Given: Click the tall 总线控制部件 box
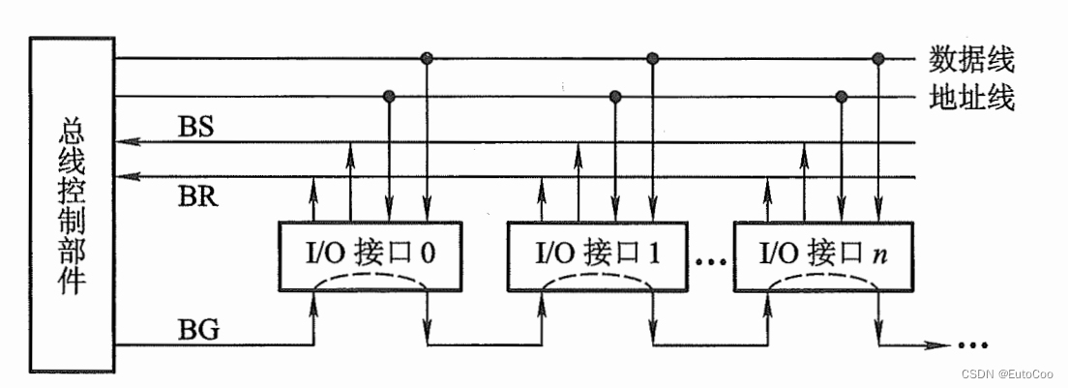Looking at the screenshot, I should pyautogui.click(x=73, y=205).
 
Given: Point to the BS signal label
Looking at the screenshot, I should pyautogui.click(x=197, y=127).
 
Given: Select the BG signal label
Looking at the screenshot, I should pyautogui.click(x=198, y=331).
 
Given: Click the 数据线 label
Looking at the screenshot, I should pyautogui.click(x=970, y=60).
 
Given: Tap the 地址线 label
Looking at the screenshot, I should pyautogui.click(x=970, y=98).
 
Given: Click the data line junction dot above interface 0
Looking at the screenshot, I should pyautogui.click(x=427, y=59).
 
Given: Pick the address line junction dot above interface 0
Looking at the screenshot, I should pyautogui.click(x=389, y=96).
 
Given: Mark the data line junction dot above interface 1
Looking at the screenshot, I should pyautogui.click(x=653, y=59).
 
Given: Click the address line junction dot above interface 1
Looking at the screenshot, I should pyautogui.click(x=614, y=96).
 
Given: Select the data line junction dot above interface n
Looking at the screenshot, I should pyautogui.click(x=878, y=59).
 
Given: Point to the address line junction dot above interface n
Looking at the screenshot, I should pyautogui.click(x=841, y=96).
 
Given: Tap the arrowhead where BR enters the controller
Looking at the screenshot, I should pyautogui.click(x=123, y=177).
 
